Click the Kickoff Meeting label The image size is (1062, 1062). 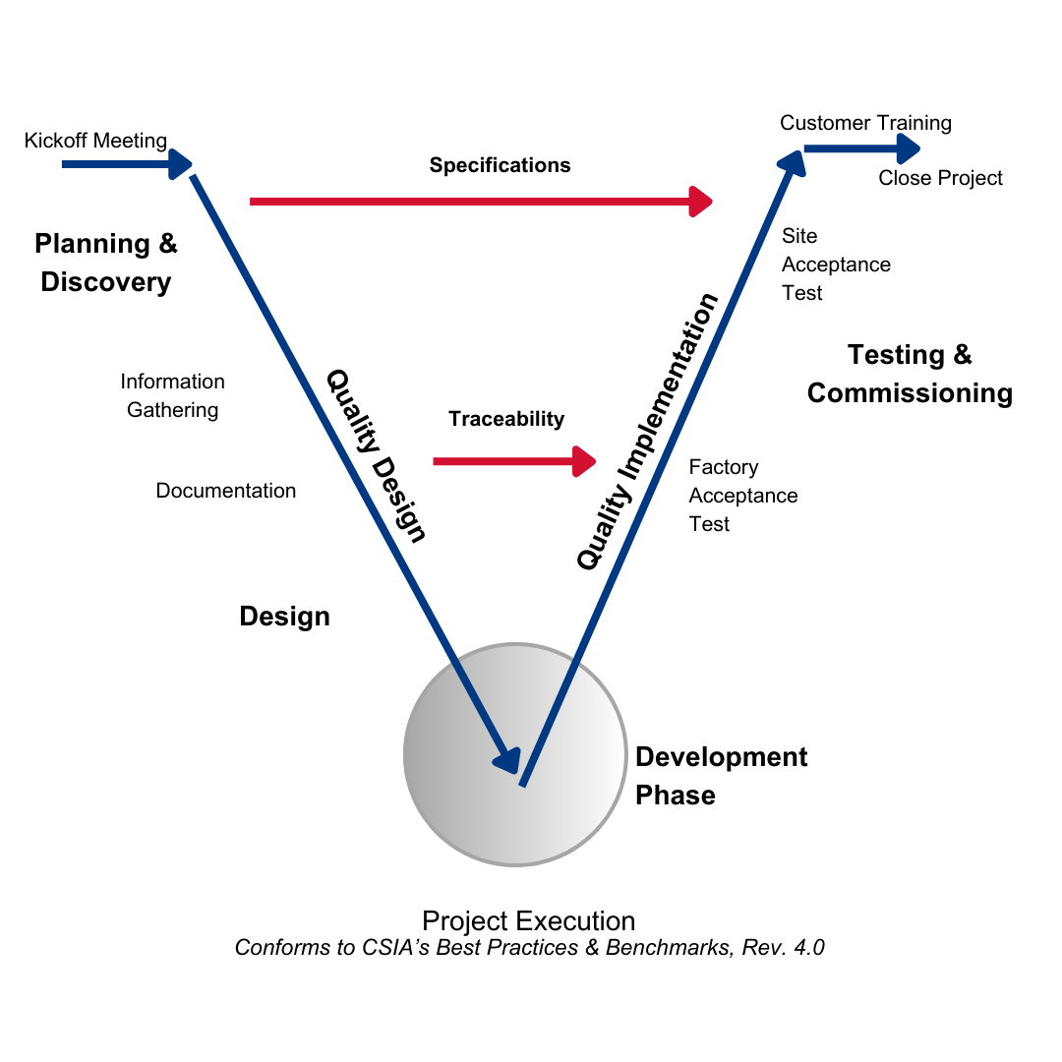pos(95,141)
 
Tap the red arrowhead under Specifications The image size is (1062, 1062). pos(701,202)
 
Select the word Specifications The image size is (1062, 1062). pos(500,165)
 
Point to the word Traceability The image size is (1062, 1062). pos(506,419)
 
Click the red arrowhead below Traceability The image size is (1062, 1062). pos(584,461)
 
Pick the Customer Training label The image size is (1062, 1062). pos(865,123)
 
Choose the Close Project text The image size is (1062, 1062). pos(940,177)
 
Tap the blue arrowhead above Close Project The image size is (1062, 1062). pos(909,148)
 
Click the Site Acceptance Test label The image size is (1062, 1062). pos(836,265)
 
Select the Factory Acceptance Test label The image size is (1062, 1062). pos(743,495)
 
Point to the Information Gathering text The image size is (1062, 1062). pos(173,395)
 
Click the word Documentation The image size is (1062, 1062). pos(225,491)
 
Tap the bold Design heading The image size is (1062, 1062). pos(284,617)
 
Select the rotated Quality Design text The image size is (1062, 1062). pos(377,456)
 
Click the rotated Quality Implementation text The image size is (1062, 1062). pos(647,432)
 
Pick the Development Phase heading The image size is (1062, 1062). pos(722,776)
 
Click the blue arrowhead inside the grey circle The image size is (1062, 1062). pos(508,760)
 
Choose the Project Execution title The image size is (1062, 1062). pos(528,921)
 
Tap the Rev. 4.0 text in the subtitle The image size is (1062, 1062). pos(783,947)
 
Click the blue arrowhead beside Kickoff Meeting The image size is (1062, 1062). pos(180,164)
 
